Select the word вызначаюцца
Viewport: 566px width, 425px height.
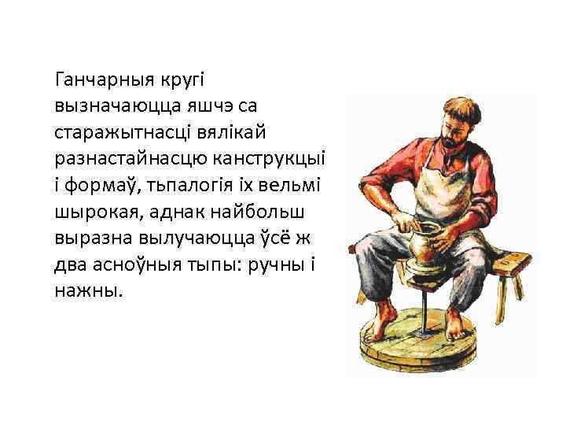[113, 105]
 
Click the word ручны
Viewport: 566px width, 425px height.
[272, 264]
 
